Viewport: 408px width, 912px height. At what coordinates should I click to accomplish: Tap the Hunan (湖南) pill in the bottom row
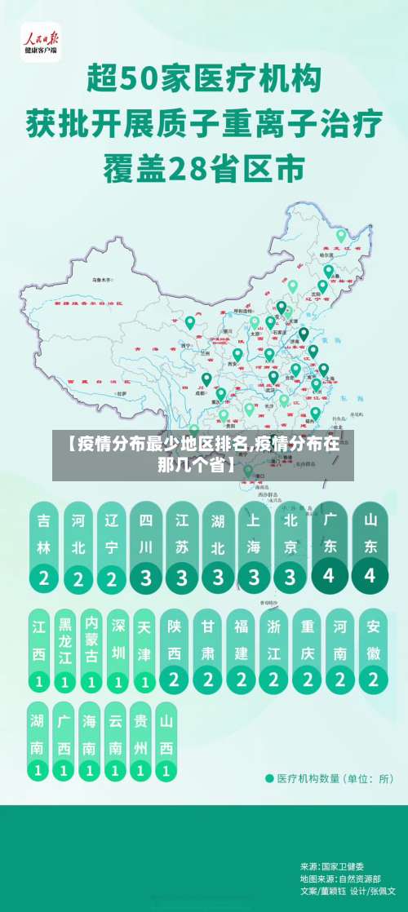(38, 741)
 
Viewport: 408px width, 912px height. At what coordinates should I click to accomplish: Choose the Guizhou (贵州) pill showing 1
(141, 741)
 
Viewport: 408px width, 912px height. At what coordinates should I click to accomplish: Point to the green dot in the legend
(269, 778)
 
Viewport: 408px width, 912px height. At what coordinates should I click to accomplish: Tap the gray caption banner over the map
(203, 455)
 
